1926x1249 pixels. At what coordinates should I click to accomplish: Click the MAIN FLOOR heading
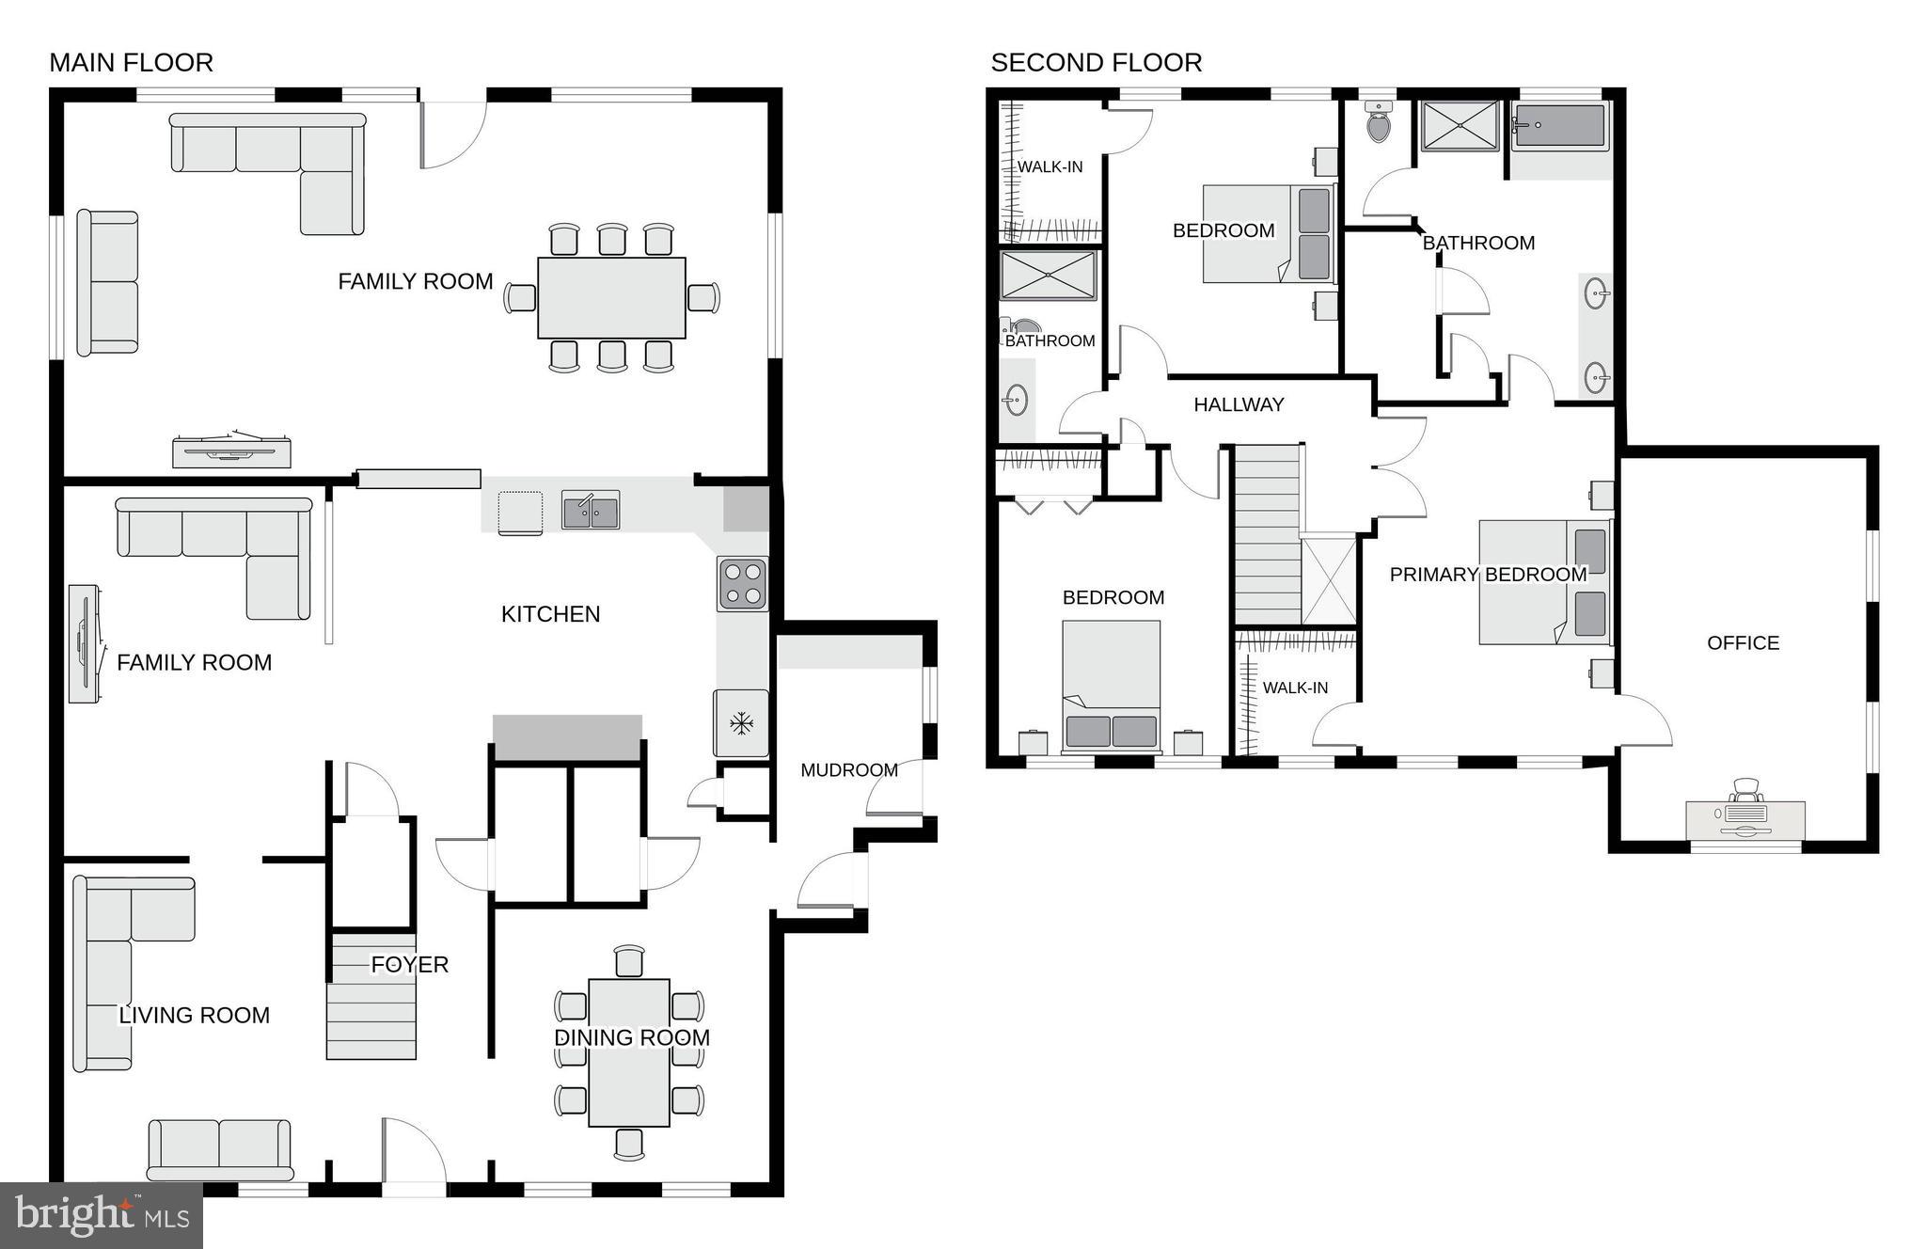131,63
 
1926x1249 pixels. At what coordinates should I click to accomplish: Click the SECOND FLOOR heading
1096,63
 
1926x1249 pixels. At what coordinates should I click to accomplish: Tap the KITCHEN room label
550,614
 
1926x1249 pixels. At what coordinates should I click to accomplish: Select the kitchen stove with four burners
742,584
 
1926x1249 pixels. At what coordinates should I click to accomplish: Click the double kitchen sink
591,511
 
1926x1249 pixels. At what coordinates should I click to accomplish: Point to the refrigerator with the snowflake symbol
741,723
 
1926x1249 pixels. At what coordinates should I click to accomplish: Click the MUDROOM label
848,770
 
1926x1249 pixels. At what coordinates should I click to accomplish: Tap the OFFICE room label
1743,643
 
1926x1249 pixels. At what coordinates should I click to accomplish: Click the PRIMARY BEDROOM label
1488,575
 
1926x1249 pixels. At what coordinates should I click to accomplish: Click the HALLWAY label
1239,405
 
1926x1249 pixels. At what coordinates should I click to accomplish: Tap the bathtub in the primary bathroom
1559,126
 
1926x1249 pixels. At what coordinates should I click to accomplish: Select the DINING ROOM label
631,1037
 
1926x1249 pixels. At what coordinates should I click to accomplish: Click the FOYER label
409,965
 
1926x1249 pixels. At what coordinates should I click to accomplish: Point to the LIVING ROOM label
194,1016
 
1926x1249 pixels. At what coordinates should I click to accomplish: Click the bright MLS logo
102,1215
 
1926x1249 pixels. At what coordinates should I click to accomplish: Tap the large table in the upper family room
611,297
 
